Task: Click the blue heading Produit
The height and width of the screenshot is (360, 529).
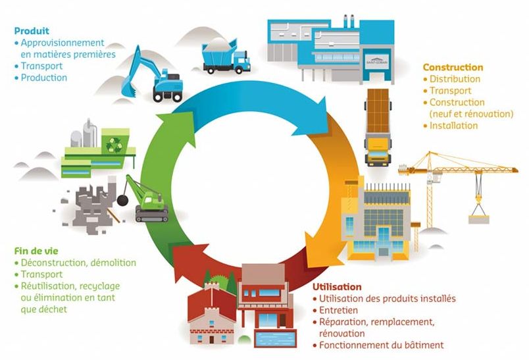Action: [32, 31]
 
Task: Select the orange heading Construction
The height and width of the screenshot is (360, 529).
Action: [453, 67]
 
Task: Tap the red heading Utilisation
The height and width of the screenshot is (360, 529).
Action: [336, 287]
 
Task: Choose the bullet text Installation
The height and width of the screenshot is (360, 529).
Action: [453, 126]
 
